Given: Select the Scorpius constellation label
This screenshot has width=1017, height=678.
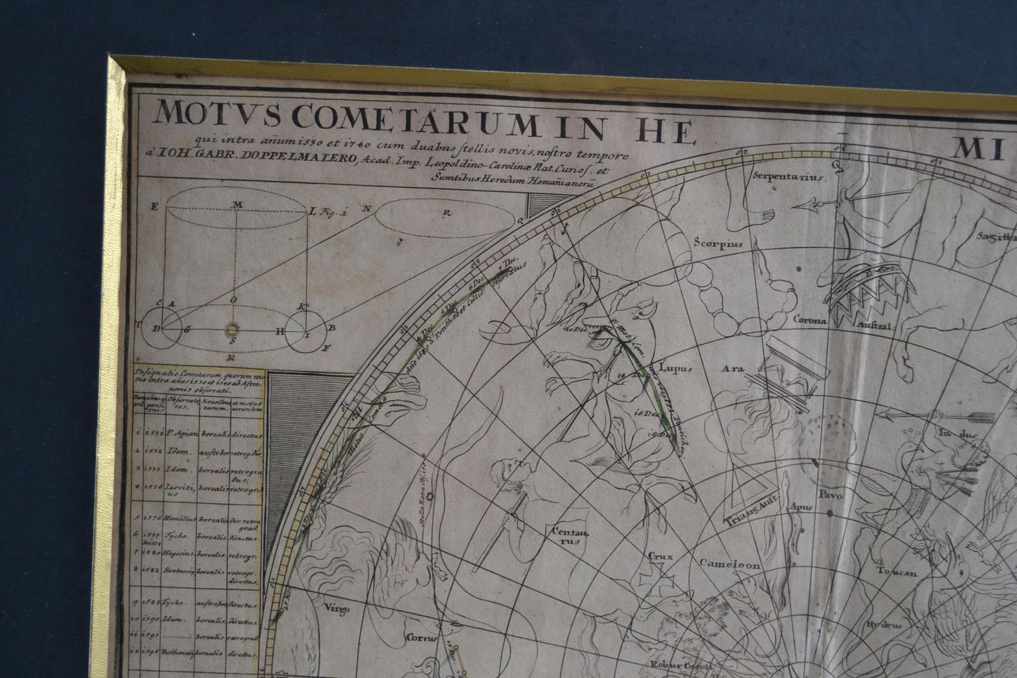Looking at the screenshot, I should (x=719, y=242).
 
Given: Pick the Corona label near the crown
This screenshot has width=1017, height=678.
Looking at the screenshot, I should (x=811, y=321).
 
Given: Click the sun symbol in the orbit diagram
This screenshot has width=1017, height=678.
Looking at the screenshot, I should (x=232, y=327).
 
